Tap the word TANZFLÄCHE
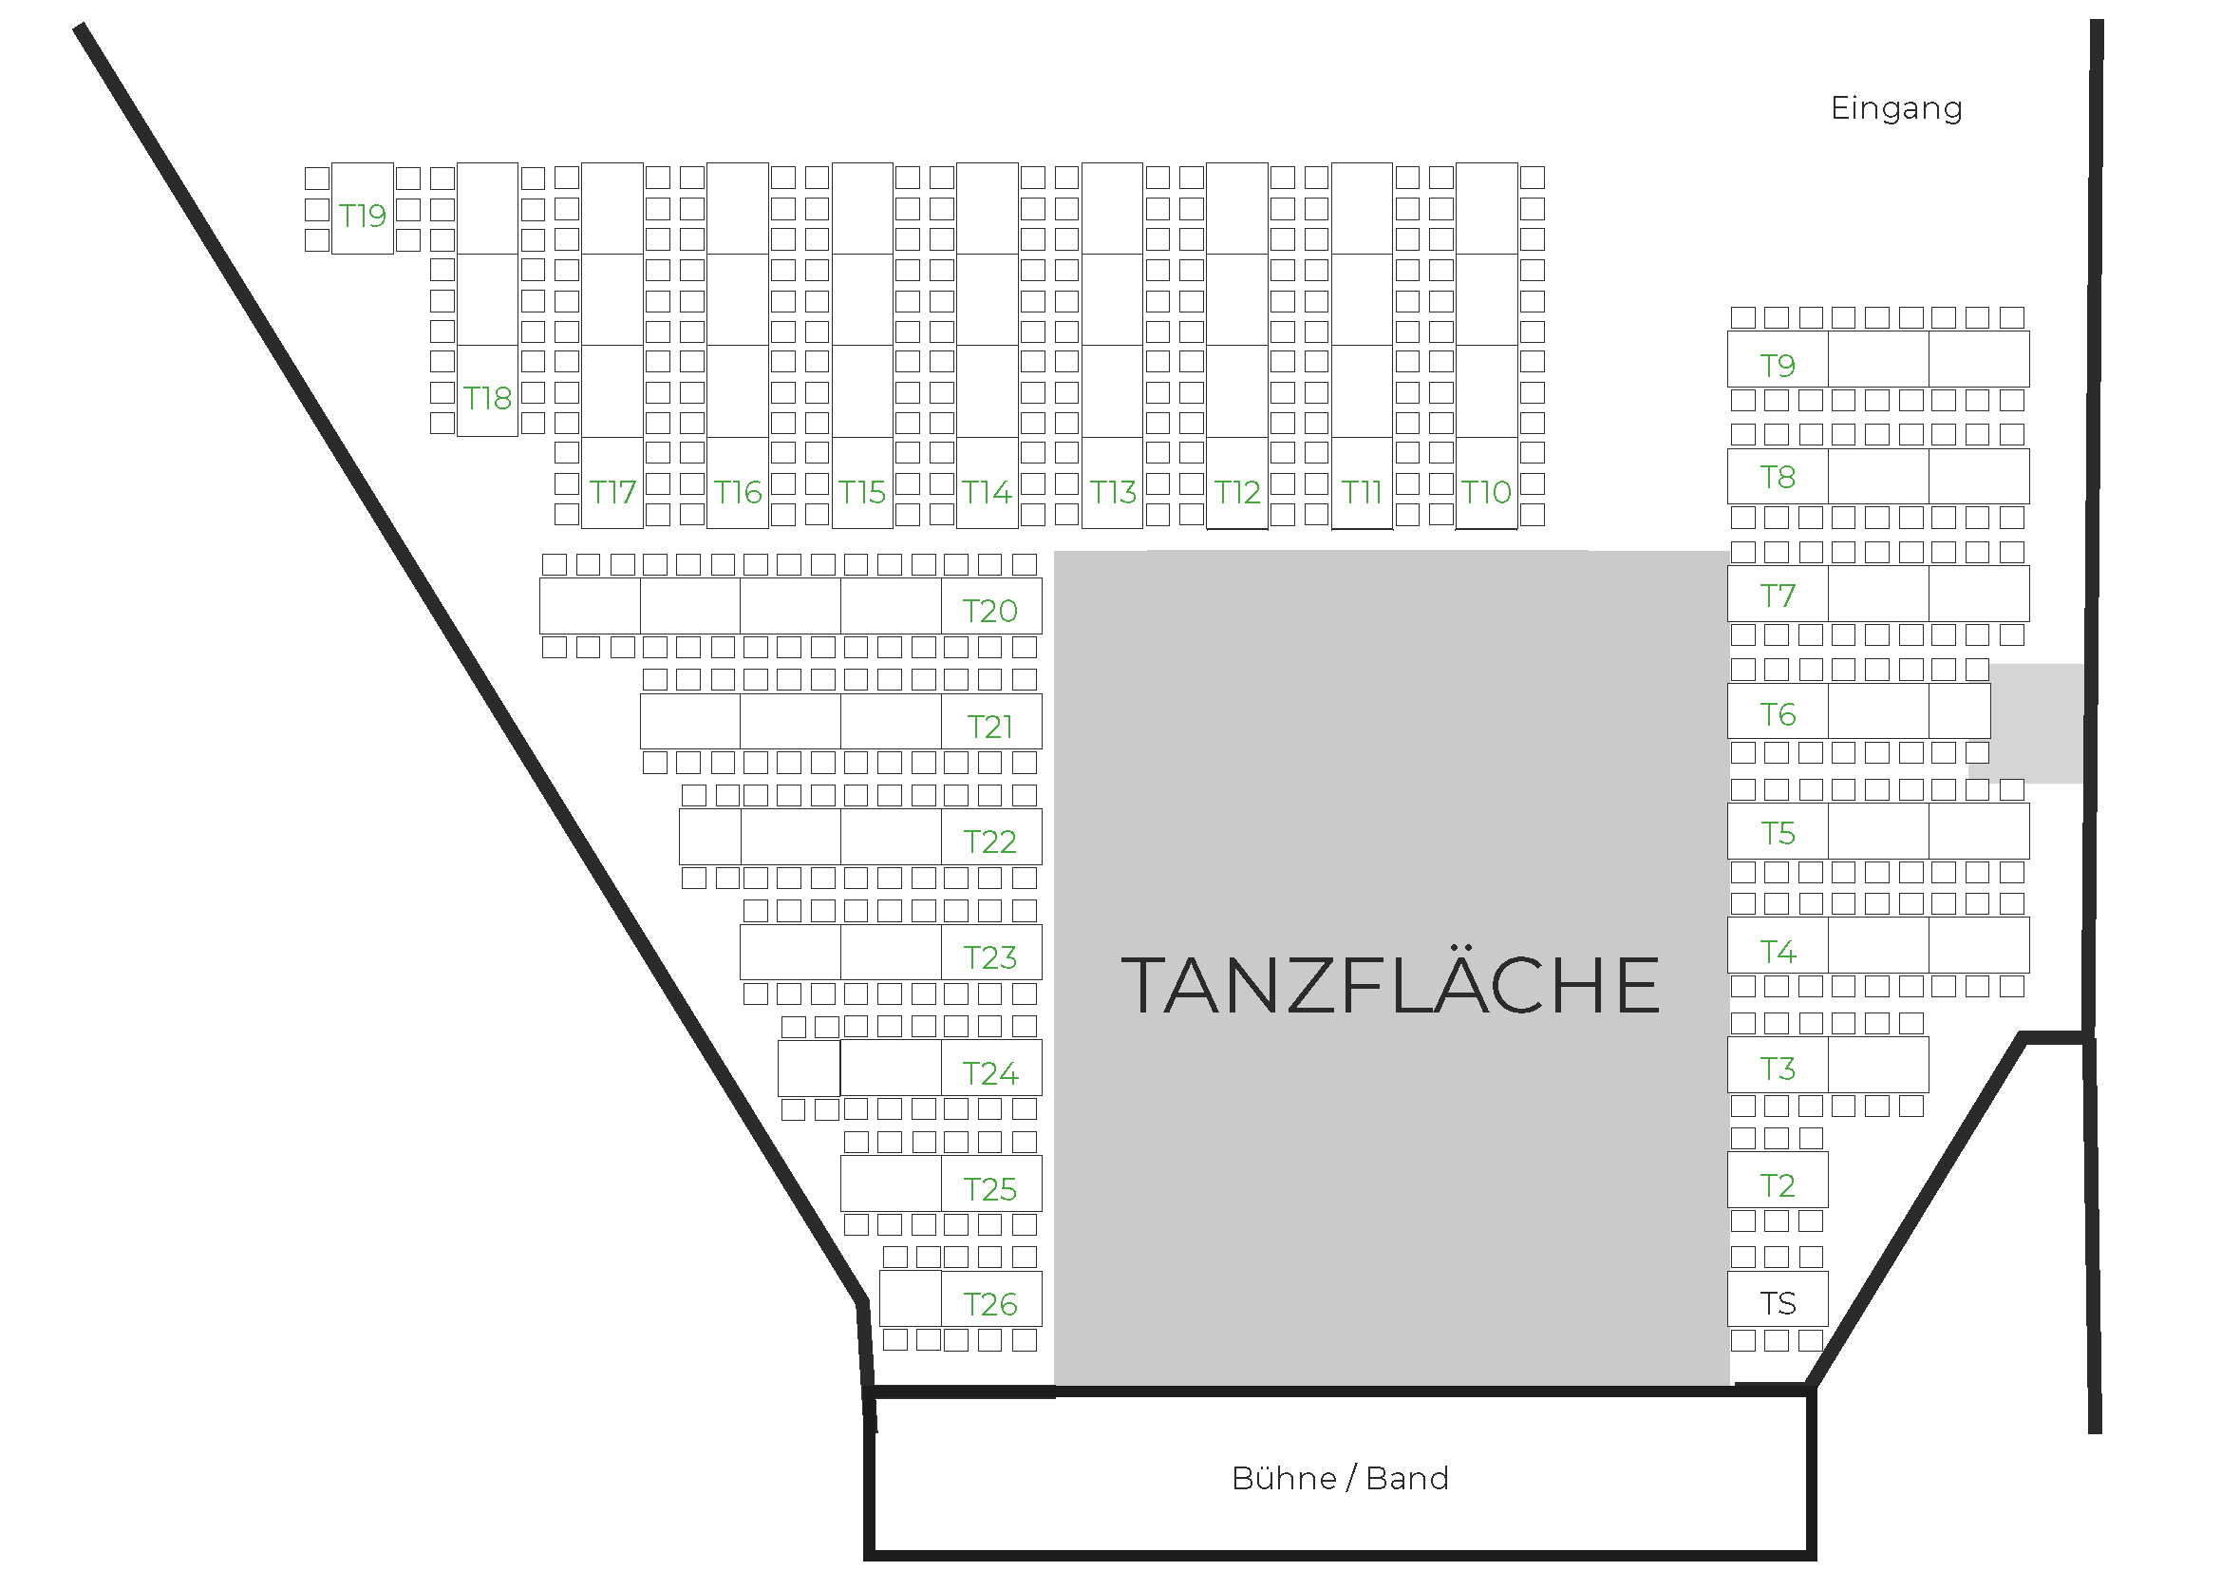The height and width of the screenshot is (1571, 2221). pos(1390,986)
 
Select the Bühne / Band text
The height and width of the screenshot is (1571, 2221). pos(1340,1478)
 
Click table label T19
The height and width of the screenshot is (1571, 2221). pos(362,215)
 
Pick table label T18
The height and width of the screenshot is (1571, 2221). pos(486,398)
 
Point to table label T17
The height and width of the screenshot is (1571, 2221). pos(612,492)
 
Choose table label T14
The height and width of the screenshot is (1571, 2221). pos(987,492)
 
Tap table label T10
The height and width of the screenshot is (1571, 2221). pos(1486,492)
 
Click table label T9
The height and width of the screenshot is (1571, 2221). pos(1777,365)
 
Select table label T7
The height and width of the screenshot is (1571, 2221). pos(1777,595)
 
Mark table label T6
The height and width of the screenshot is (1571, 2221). pos(1777,714)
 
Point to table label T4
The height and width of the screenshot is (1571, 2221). pos(1777,951)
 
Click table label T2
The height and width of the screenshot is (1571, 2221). pos(1777,1185)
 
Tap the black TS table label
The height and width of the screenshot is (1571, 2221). pos(1777,1303)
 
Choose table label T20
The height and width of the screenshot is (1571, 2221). pos(989,611)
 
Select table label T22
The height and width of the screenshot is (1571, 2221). pos(989,842)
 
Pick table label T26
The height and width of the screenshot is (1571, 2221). pos(989,1304)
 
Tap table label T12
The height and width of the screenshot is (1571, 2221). pos(1237,492)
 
